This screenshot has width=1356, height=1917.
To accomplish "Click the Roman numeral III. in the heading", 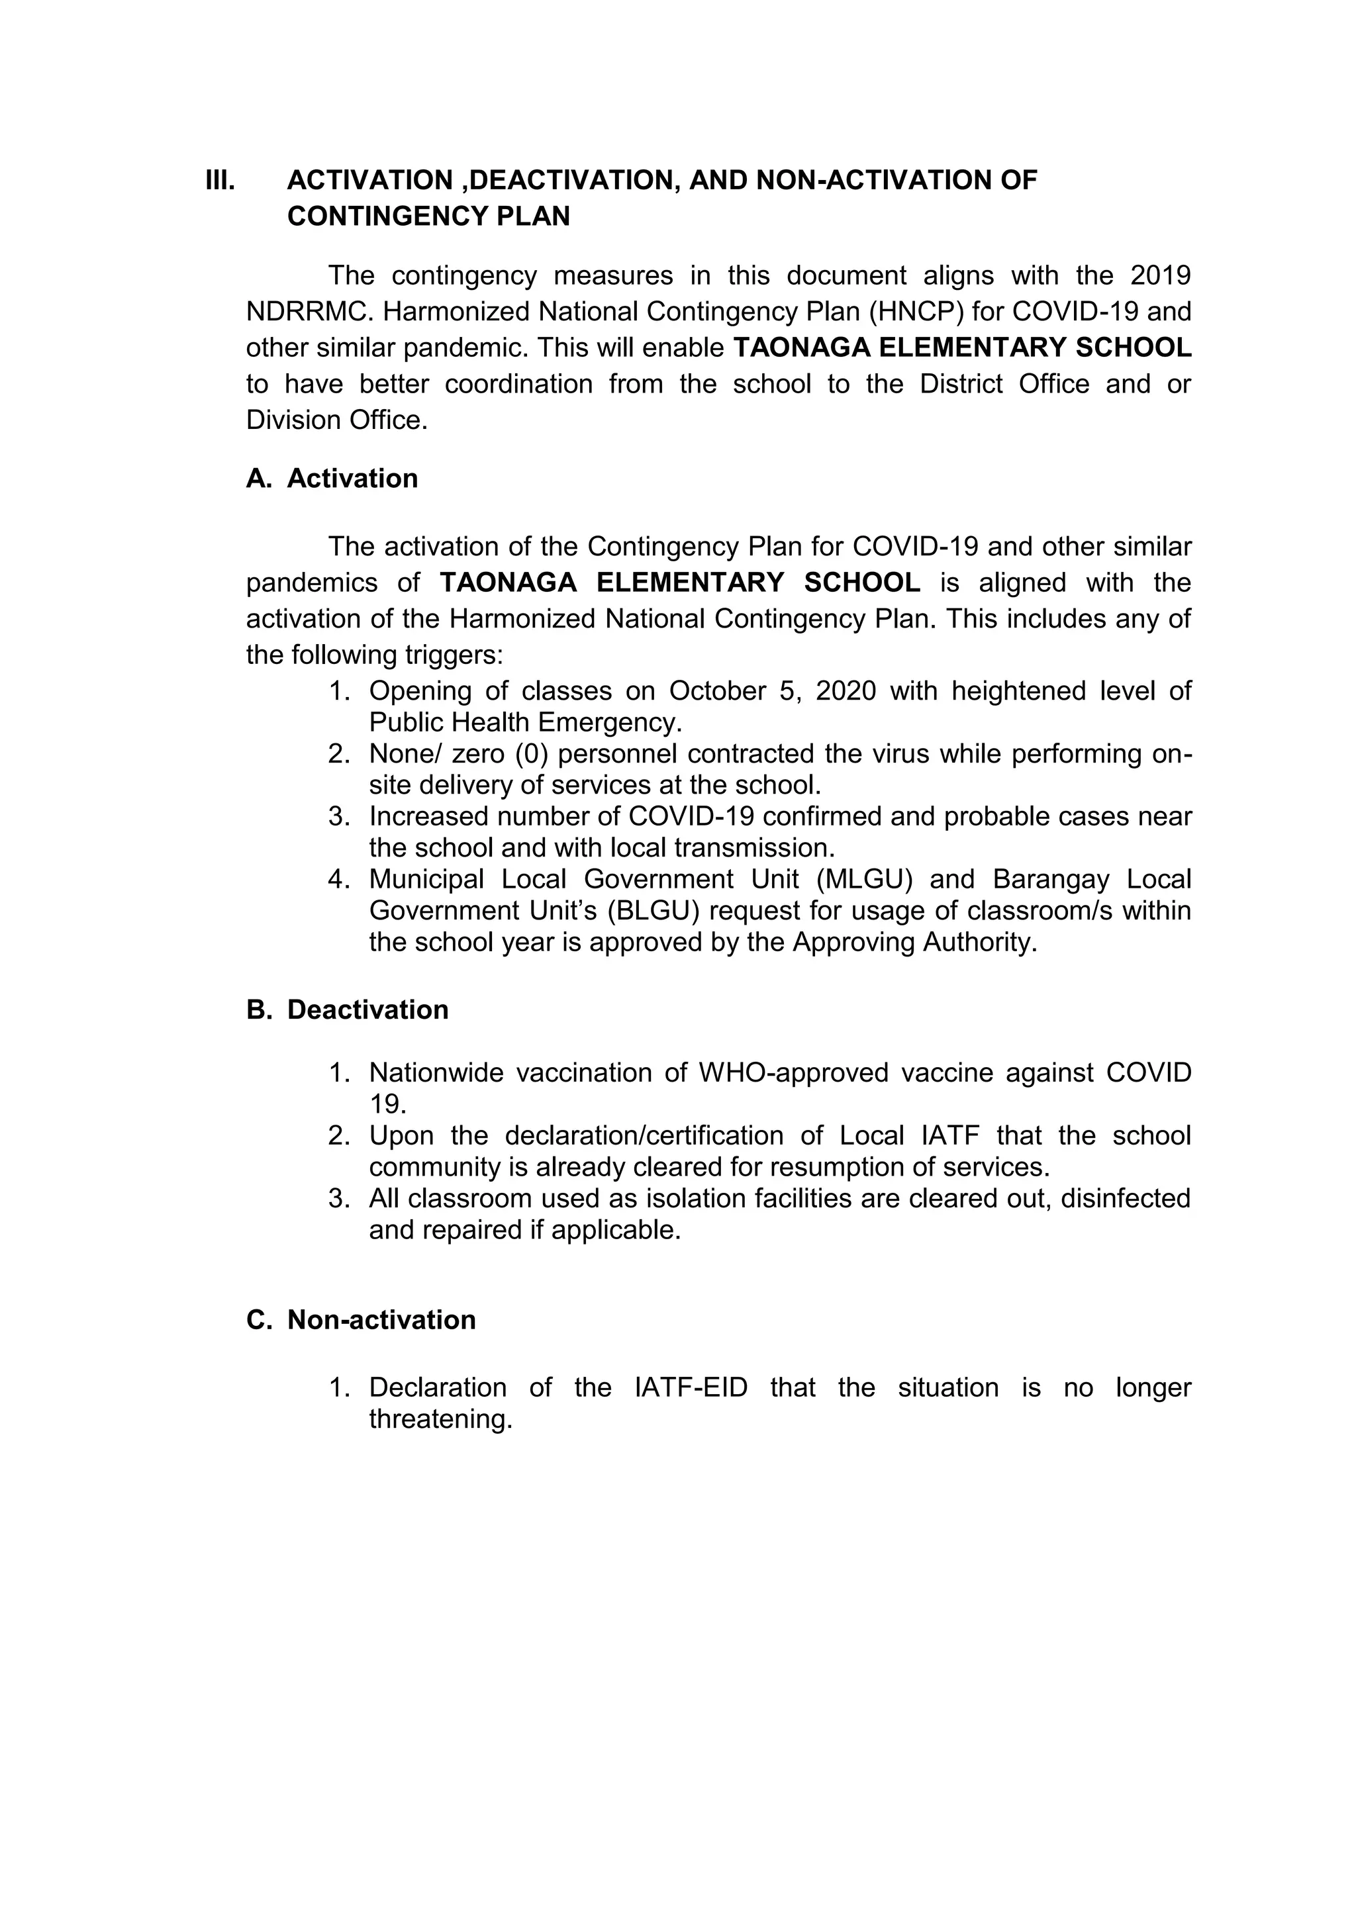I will [x=220, y=180].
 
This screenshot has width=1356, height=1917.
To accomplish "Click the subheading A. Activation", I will [x=332, y=479].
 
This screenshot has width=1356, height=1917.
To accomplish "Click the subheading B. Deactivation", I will [x=348, y=1009].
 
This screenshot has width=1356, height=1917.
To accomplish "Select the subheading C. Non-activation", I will [x=361, y=1319].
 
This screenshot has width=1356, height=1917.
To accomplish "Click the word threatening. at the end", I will [x=440, y=1419].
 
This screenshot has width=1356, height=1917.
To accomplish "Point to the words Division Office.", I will [x=336, y=420].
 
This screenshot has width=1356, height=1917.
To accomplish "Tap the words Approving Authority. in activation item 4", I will [x=914, y=942].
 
